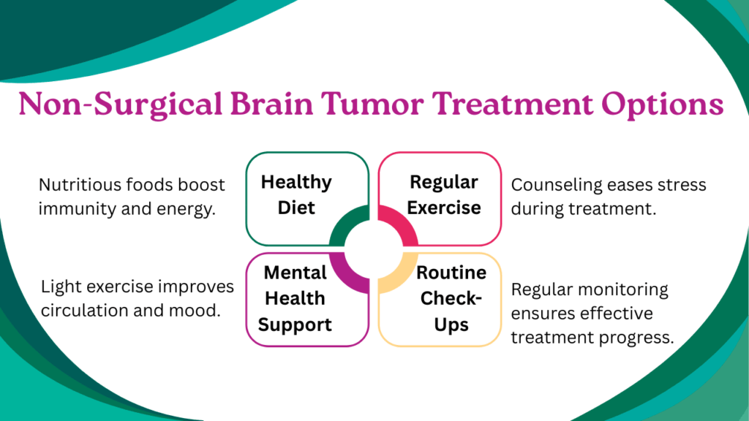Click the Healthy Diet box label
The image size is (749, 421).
point(296,194)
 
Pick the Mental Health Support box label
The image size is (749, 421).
point(295,299)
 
